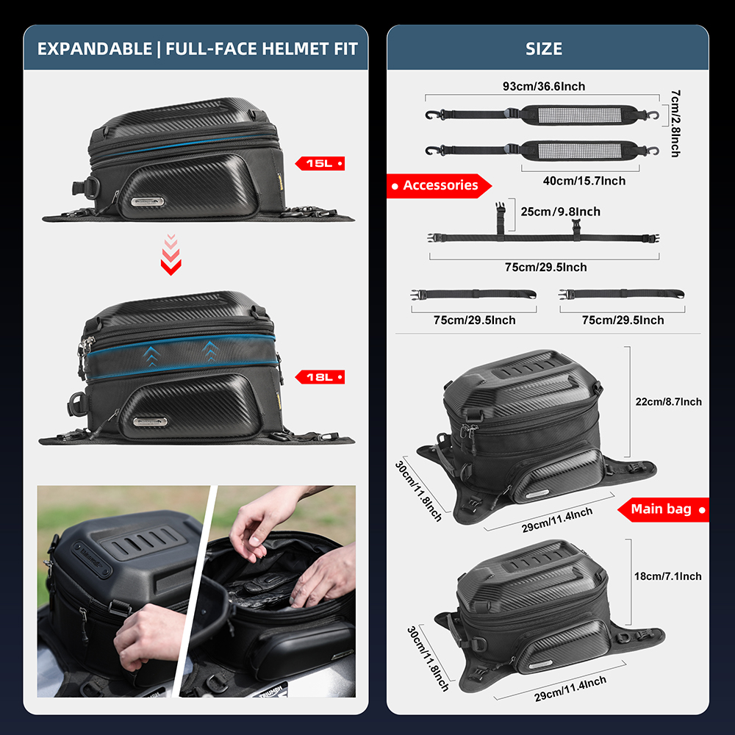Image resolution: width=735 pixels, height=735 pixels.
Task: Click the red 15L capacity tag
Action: coord(320,163)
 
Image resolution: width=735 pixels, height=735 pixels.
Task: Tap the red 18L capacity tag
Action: coord(320,377)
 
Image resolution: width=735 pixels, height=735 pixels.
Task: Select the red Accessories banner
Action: coord(440,186)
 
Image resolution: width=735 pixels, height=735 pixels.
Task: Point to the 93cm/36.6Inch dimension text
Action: coord(544,87)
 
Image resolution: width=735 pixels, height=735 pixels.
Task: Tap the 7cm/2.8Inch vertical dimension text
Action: coord(675,123)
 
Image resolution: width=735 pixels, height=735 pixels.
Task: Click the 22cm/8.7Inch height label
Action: coord(668,401)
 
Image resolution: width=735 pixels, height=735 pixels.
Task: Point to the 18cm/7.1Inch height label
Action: coord(668,576)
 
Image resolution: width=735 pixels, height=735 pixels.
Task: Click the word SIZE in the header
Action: coord(544,49)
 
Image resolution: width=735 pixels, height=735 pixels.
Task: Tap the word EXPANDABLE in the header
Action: coord(93,49)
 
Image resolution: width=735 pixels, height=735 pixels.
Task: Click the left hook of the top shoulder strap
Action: coord(431,115)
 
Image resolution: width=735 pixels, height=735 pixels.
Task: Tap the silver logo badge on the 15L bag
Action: coord(148,201)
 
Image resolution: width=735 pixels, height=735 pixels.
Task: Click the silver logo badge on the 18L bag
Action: coord(150,422)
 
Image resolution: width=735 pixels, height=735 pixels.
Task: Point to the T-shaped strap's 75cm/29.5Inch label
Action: coord(545,268)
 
